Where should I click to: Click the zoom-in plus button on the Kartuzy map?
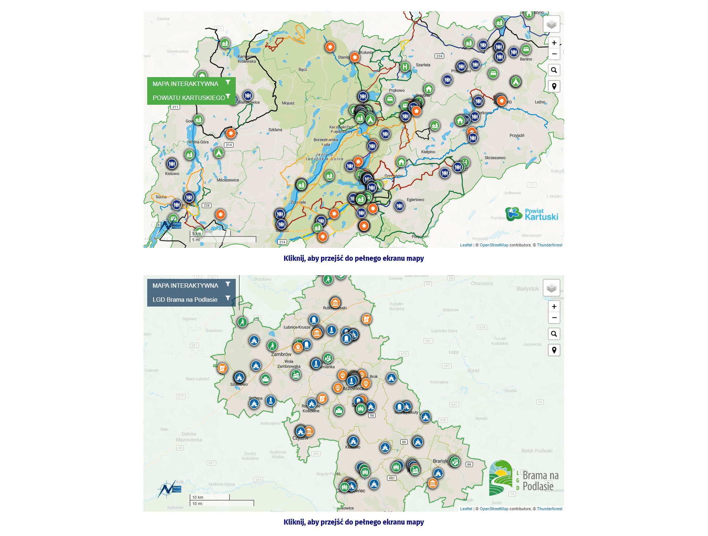[554, 43]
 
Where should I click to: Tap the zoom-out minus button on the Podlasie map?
[554, 318]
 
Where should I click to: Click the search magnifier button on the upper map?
[554, 70]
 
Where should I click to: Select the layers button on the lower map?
[551, 288]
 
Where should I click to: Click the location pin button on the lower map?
[554, 350]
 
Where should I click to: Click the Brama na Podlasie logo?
[524, 478]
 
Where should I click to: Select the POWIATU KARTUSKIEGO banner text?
[189, 98]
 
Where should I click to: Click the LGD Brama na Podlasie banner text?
[185, 300]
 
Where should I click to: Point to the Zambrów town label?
[281, 354]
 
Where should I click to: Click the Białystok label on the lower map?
[528, 288]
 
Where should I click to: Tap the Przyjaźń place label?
[517, 135]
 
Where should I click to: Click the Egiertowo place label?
[415, 200]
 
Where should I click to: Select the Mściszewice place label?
[228, 180]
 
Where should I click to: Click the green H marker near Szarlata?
[405, 67]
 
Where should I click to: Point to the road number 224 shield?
[439, 56]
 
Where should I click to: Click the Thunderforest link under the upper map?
[549, 245]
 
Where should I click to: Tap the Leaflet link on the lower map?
[466, 509]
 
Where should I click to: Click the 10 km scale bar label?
[198, 497]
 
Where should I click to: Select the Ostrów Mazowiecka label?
[189, 437]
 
